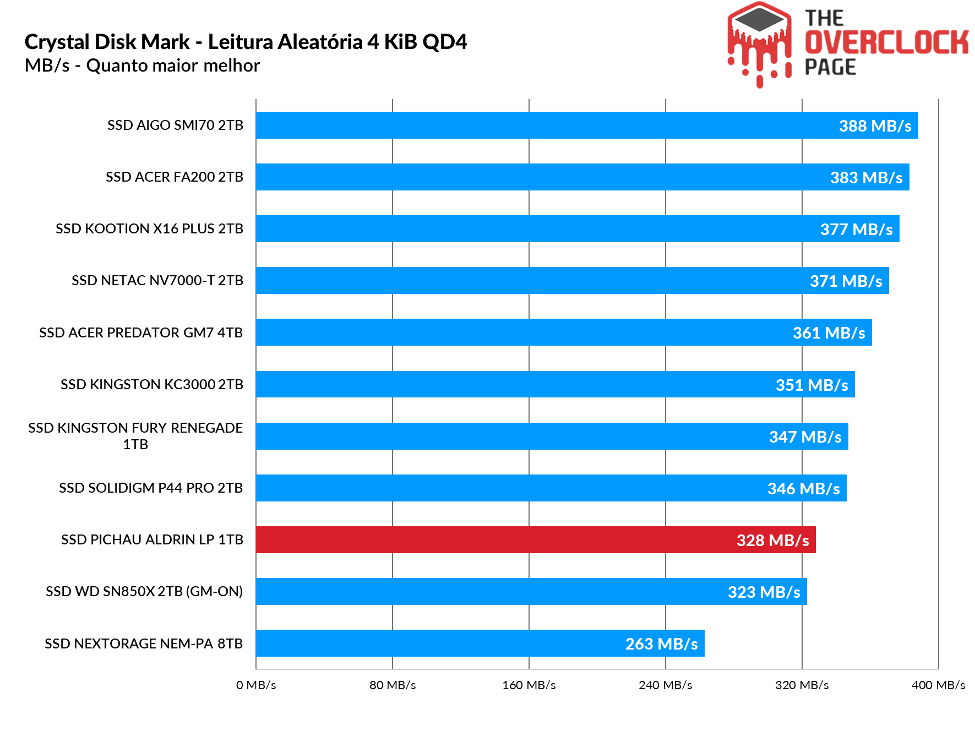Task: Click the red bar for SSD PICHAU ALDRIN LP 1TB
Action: click(495, 539)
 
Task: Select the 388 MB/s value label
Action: click(875, 126)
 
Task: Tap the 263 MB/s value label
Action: click(661, 643)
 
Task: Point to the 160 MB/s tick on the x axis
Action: click(529, 685)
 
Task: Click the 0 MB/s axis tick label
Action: click(256, 685)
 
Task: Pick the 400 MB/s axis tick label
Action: click(938, 685)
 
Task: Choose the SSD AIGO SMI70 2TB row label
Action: click(175, 126)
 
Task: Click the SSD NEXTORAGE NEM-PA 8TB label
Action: click(144, 643)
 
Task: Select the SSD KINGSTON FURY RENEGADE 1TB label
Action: click(135, 436)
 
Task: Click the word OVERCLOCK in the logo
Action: click(886, 43)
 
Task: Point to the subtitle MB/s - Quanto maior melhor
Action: click(142, 66)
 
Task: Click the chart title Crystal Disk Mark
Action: click(246, 42)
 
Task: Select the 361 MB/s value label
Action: click(829, 333)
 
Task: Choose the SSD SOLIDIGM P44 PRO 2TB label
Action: click(151, 488)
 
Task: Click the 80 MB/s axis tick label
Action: click(393, 685)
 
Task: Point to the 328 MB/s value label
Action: click(772, 540)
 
